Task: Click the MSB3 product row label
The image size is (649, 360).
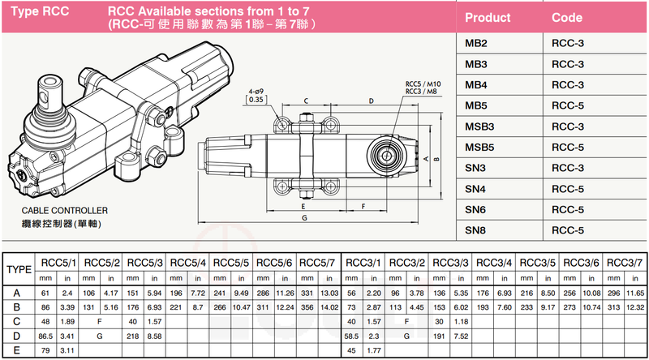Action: point(480,126)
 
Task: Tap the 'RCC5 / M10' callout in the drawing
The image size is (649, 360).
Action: point(423,84)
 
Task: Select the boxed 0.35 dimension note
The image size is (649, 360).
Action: point(256,100)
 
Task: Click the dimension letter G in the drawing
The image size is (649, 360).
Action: point(303,218)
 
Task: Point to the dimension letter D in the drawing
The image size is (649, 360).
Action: point(370,101)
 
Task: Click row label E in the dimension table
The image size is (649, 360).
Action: point(17,350)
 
